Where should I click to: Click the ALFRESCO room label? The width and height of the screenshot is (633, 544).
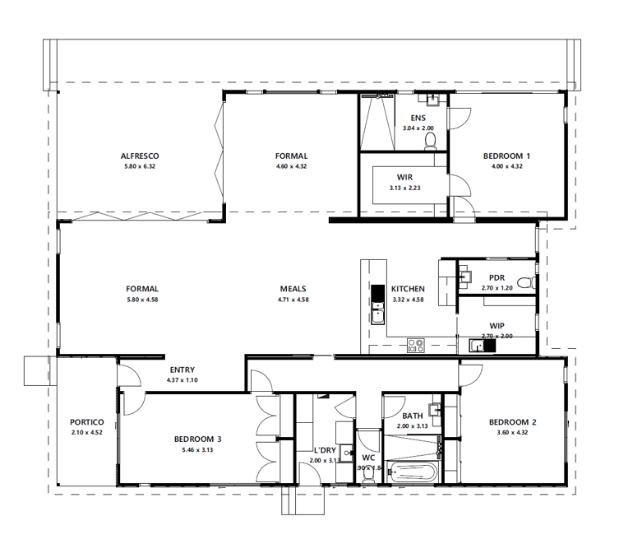[x=139, y=156]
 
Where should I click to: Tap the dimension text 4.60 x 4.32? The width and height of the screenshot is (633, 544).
[x=291, y=166]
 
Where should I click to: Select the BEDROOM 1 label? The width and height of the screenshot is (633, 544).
[x=506, y=156]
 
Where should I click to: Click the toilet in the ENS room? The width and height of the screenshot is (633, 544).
[x=428, y=142]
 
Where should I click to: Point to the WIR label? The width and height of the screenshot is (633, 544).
[x=404, y=177]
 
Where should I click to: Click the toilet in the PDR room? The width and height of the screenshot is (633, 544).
[x=527, y=283]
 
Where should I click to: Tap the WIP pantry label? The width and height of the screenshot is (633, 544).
[x=496, y=325]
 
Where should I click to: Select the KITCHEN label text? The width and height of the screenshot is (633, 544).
[x=408, y=289]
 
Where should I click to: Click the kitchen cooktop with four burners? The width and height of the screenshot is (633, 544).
[x=415, y=346]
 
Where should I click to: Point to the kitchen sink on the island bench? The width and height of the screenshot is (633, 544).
[x=378, y=314]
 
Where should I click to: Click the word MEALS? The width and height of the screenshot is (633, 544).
[x=293, y=289]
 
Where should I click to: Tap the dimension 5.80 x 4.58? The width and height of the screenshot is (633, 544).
[x=141, y=300]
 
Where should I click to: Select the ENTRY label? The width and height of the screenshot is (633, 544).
[x=183, y=370]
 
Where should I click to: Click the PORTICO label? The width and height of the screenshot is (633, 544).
[x=86, y=422]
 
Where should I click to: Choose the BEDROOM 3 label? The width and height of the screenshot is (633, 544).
[x=197, y=439]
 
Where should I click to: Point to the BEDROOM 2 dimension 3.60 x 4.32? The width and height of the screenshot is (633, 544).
[x=512, y=433]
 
